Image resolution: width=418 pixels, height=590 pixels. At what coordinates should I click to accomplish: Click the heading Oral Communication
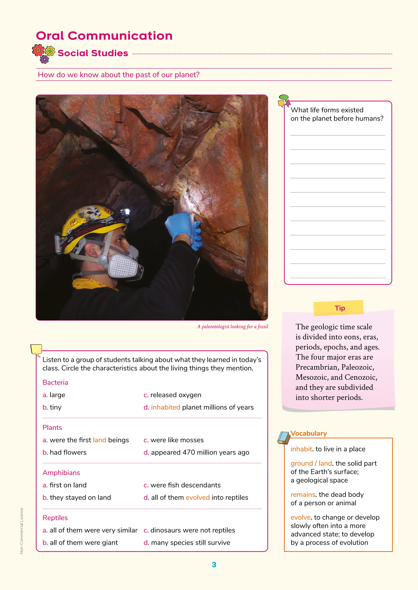[104, 36]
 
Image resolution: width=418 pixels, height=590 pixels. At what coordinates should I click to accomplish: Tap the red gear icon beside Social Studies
[38, 50]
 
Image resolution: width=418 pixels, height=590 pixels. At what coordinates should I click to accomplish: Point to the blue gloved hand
[184, 227]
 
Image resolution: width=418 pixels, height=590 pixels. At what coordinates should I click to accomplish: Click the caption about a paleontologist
[232, 327]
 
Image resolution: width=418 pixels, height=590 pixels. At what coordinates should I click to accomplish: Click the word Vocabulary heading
[309, 433]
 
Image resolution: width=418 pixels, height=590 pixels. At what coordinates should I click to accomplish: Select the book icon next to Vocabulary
[284, 438]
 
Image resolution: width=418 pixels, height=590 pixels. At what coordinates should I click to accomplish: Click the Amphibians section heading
[61, 473]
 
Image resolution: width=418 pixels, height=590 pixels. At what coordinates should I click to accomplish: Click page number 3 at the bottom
[214, 565]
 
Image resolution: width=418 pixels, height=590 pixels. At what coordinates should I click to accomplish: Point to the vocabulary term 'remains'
[303, 495]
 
